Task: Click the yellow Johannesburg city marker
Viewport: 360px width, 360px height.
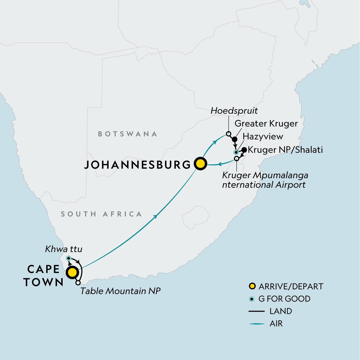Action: pos(200,164)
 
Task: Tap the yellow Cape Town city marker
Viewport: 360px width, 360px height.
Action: pos(72,273)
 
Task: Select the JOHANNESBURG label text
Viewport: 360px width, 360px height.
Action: pos(137,165)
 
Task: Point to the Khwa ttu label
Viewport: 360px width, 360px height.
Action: pos(64,249)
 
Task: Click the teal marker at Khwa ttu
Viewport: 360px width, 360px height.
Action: pos(68,258)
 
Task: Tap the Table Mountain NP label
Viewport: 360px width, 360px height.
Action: pos(120,291)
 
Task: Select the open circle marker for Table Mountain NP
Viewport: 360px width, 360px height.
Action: pos(78,283)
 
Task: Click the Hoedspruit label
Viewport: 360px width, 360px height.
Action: pos(234,111)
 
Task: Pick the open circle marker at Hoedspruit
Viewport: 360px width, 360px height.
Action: pos(228,134)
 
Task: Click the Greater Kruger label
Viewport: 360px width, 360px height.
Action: pos(266,124)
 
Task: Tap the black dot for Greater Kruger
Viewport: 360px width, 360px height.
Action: pos(235,139)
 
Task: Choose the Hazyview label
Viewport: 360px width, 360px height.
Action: pos(263,137)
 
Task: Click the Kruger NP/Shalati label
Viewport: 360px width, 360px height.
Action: pos(285,150)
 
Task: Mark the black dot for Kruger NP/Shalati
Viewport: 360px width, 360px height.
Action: pos(244,150)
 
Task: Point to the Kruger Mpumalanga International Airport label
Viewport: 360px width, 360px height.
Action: pos(265,180)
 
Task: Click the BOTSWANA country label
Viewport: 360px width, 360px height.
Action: pos(127,134)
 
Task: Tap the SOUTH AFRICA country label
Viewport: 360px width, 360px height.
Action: pos(101,214)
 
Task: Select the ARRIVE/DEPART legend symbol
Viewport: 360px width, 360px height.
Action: pos(252,286)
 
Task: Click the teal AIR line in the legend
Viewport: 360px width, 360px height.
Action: pos(256,324)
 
